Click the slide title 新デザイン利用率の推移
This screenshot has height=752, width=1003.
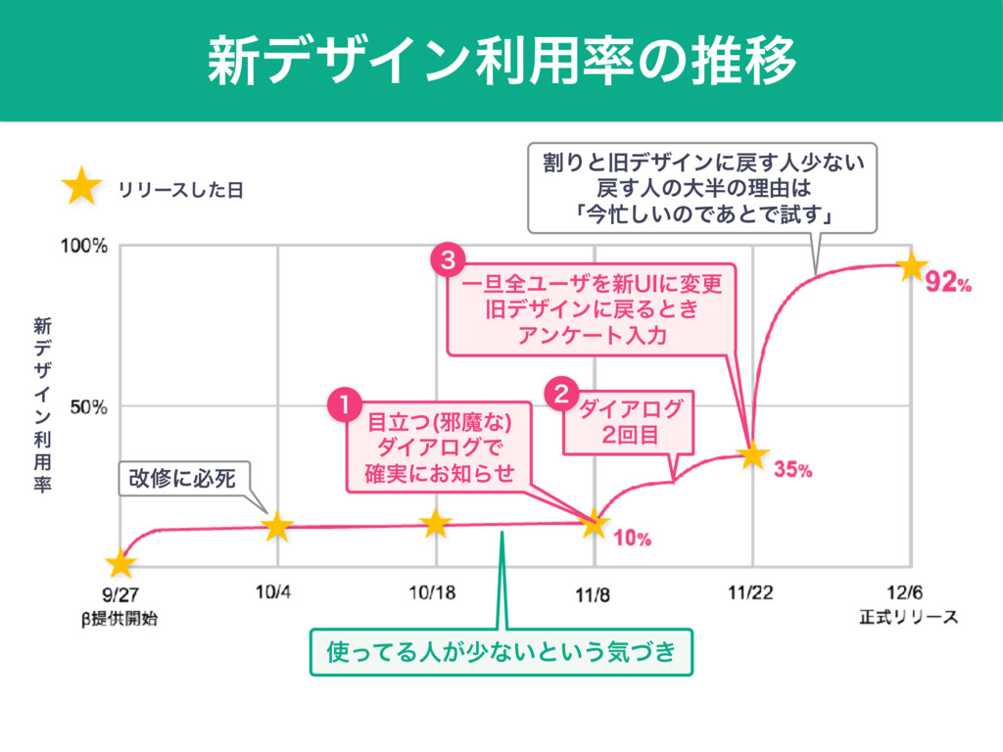501,61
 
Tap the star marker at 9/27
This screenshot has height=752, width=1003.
120,564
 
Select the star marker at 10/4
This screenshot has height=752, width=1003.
277,526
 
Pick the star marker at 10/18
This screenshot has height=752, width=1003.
436,524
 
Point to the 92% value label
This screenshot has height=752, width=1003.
949,284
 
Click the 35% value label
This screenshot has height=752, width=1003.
792,470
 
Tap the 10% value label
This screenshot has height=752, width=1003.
633,537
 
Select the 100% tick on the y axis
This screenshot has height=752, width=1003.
84,246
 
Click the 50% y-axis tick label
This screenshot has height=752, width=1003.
88,406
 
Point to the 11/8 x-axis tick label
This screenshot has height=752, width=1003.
595,593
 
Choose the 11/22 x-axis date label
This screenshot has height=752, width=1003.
752,593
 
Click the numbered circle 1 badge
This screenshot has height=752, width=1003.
344,404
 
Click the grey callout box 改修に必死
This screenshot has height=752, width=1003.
182,478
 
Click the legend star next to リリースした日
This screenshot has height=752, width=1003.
81,186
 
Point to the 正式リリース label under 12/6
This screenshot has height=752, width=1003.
908,618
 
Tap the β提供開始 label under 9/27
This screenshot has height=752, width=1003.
120,618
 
